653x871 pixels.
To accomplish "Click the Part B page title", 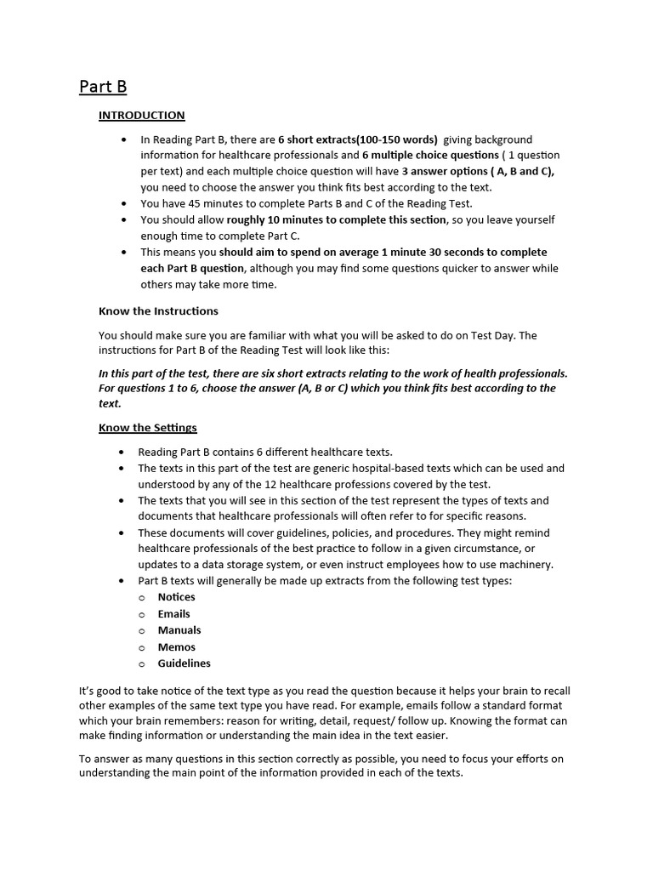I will coord(103,86).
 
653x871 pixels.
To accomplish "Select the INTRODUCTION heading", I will coord(141,115).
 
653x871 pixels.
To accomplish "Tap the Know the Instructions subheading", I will coord(158,310).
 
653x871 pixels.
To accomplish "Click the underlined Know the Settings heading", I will coord(147,427).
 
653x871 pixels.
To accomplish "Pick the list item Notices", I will coord(176,597).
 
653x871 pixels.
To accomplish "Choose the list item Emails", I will coord(173,613).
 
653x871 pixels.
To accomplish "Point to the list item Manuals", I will coord(179,630).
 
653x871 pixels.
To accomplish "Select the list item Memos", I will coord(176,646).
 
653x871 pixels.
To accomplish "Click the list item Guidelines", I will coord(184,663).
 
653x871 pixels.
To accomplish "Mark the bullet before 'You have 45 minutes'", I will coord(125,204).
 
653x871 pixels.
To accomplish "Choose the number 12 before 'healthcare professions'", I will coord(309,484).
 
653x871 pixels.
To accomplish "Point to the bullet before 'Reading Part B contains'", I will coord(125,453).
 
